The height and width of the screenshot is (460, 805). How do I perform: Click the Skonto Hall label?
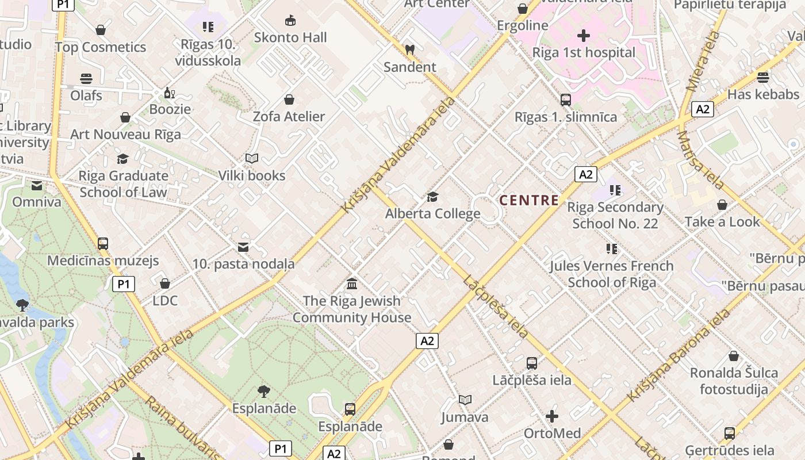pos(290,38)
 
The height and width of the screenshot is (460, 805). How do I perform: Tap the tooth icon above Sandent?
pos(409,49)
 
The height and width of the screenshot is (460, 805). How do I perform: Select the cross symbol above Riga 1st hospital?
pos(583,36)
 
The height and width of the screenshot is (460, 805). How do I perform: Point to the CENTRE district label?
pos(529,200)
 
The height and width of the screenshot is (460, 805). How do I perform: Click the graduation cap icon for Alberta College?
pos(432,197)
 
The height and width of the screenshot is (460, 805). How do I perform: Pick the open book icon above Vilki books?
pos(251,158)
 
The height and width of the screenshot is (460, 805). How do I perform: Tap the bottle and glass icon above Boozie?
pos(170,93)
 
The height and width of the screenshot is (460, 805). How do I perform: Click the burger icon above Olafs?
pos(86,79)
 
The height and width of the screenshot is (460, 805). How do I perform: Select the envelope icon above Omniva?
pos(37,185)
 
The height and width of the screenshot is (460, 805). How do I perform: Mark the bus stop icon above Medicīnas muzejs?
pos(103,243)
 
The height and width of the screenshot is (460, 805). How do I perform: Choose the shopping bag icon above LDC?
pos(165,283)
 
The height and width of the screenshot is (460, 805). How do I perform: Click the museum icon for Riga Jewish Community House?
pos(352,283)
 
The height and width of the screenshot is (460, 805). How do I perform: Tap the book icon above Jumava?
pos(465,400)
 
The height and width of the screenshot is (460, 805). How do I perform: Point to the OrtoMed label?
pos(552,433)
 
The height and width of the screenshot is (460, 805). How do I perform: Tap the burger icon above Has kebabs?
pos(763,77)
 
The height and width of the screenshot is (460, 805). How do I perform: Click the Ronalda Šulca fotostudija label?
pos(734,381)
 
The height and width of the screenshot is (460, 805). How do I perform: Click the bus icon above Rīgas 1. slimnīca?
pos(566,100)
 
